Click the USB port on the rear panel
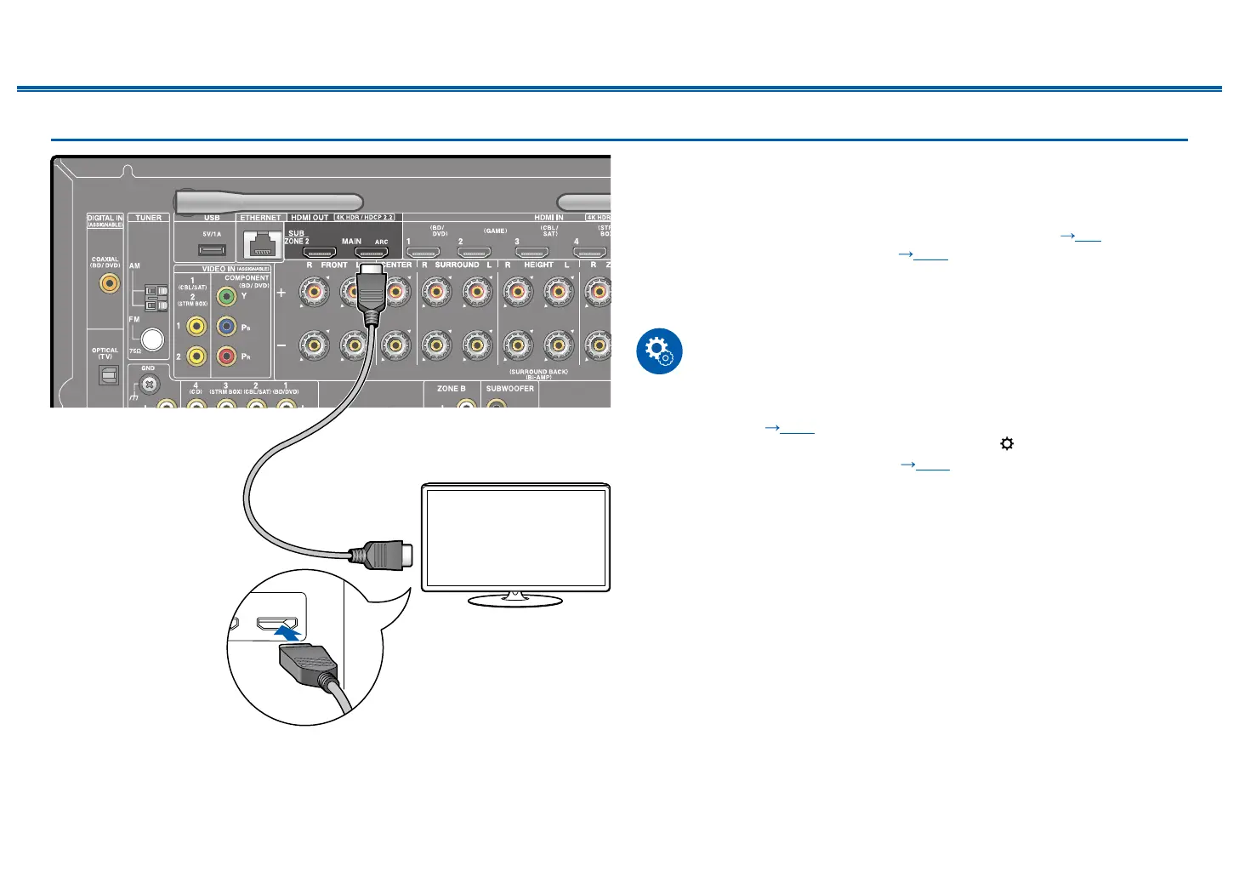pyautogui.click(x=212, y=249)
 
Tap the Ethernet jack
pyautogui.click(x=261, y=246)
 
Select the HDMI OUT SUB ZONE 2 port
pyautogui.click(x=320, y=253)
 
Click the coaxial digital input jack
pyautogui.click(x=110, y=283)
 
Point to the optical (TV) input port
pyautogui.click(x=108, y=374)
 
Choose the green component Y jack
pyautogui.click(x=226, y=297)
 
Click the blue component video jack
pyautogui.click(x=226, y=327)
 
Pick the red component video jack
pyautogui.click(x=226, y=356)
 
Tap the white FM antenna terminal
pyautogui.click(x=152, y=339)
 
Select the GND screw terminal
pyautogui.click(x=149, y=384)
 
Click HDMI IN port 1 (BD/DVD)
pyautogui.click(x=423, y=253)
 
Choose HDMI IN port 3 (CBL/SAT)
pyautogui.click(x=531, y=253)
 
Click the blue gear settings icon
pyautogui.click(x=659, y=351)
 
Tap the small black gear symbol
pyautogui.click(x=1007, y=443)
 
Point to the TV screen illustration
pyautogui.click(x=515, y=538)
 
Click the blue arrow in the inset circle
pyautogui.click(x=287, y=633)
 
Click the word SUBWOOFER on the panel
pyautogui.click(x=510, y=389)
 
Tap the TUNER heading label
pyautogui.click(x=149, y=218)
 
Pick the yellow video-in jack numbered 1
pyautogui.click(x=196, y=326)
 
